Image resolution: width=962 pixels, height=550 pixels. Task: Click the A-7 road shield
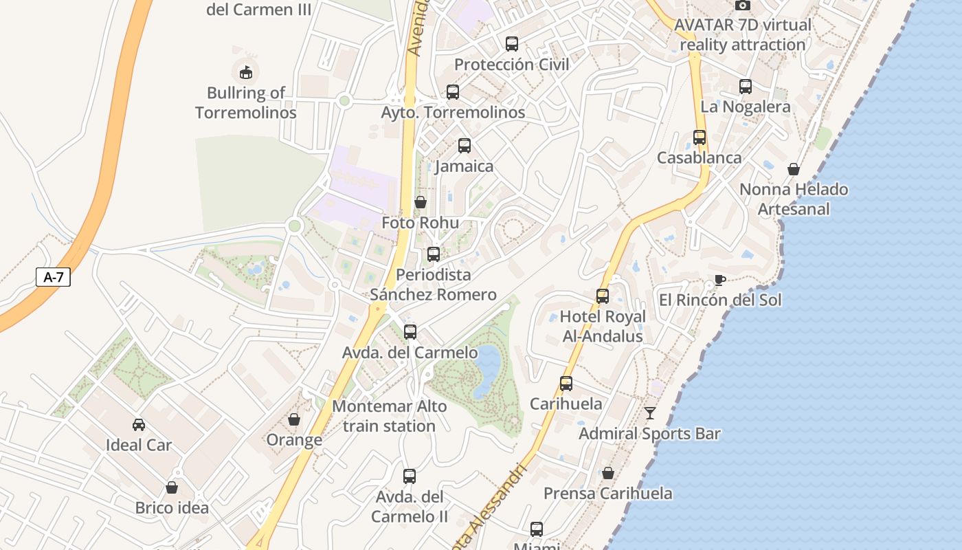coord(53,278)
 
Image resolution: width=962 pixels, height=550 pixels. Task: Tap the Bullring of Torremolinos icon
coord(245,71)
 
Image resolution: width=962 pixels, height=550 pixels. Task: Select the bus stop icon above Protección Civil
coord(512,44)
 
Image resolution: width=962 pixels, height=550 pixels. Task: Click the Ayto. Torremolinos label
coord(453,112)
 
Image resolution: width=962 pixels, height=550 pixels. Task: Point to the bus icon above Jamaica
coord(465,146)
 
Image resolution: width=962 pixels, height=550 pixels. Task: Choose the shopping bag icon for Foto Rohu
coord(421,202)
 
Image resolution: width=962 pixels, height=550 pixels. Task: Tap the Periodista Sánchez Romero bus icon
coord(434,254)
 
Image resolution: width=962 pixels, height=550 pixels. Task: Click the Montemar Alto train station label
coord(389,416)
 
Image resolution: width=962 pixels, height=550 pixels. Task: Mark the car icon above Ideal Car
coord(139,425)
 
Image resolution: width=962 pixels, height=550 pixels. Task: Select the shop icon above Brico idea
coord(172,487)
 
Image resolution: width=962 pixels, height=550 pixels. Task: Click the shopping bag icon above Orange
coord(294,419)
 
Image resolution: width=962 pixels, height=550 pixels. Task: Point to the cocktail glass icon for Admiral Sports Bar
coord(650,413)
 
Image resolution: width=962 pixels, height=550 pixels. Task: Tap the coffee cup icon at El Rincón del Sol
coord(719,280)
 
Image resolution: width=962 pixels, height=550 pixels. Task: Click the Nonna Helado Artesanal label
coord(794,199)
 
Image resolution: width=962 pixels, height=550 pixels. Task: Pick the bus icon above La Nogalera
coord(746,87)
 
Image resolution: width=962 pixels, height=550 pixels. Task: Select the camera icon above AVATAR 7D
coord(743,5)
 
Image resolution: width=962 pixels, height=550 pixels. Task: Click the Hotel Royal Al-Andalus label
coord(603,326)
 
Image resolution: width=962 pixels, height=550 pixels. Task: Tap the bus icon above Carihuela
coord(566,384)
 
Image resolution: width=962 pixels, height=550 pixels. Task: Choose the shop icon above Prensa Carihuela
coord(608,473)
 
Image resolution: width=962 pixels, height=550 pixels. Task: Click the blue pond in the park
coord(487,367)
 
